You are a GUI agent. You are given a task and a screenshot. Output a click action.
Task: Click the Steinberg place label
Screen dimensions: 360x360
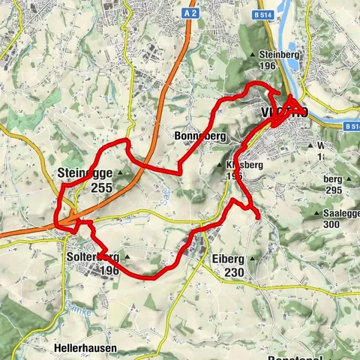coord(277,55)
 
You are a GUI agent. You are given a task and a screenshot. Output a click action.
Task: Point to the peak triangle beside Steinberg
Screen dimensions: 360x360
coord(253,55)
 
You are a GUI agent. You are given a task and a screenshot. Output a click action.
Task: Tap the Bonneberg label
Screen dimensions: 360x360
coord(199,136)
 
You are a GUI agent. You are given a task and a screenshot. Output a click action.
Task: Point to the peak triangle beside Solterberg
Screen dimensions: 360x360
coord(127,257)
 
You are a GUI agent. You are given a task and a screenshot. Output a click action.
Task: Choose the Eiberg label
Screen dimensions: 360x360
coord(229,259)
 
